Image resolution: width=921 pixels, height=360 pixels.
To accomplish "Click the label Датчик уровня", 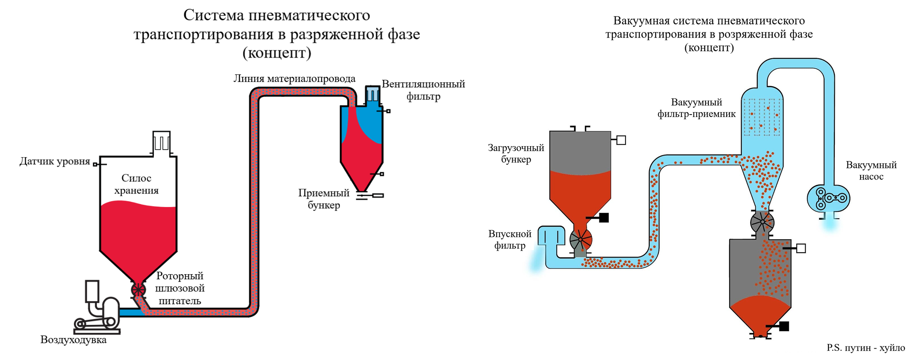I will pyautogui.click(x=55, y=161).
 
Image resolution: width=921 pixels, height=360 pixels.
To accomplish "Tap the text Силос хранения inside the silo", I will pyautogui.click(x=136, y=184).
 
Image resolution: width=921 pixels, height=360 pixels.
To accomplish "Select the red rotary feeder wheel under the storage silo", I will pyautogui.click(x=138, y=290).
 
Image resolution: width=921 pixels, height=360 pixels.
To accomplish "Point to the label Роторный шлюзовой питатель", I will pyautogui.click(x=180, y=288).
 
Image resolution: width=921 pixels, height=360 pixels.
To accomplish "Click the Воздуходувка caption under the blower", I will pyautogui.click(x=74, y=340).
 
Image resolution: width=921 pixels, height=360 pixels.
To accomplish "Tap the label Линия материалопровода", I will pyautogui.click(x=294, y=79).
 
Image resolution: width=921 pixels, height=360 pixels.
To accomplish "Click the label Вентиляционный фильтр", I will pyautogui.click(x=423, y=90).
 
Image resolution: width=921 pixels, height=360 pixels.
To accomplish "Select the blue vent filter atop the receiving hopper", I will pyautogui.click(x=372, y=94).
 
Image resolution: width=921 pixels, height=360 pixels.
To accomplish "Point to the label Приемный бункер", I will pyautogui.click(x=324, y=199).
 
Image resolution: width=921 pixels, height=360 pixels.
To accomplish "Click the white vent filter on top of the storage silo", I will pyautogui.click(x=161, y=142).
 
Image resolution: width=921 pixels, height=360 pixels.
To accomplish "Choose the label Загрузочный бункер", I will pyautogui.click(x=516, y=154).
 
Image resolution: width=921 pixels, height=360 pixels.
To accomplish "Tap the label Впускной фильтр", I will pyautogui.click(x=510, y=240).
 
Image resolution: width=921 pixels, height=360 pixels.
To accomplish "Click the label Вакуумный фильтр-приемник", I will pyautogui.click(x=696, y=108).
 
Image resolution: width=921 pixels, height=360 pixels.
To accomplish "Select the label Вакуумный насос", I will pyautogui.click(x=871, y=171).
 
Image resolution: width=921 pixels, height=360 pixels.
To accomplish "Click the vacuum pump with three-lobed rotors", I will pyautogui.click(x=828, y=198).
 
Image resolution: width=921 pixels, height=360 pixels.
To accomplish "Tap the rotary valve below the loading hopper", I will pyautogui.click(x=581, y=240).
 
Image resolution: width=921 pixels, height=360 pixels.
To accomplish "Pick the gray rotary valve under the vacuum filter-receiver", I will pyautogui.click(x=762, y=221).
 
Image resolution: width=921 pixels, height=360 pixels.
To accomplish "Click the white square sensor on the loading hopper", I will pyautogui.click(x=621, y=140).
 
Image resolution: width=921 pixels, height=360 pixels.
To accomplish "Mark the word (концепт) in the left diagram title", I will pyautogui.click(x=277, y=53).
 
